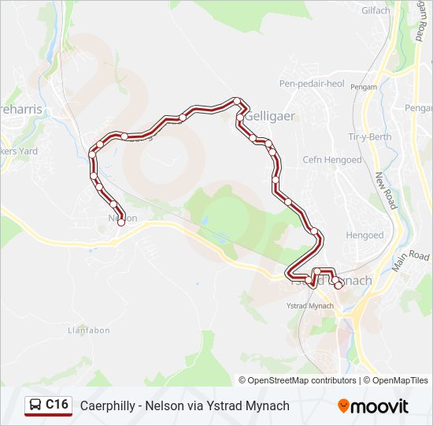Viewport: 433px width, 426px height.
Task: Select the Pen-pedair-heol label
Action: click(x=312, y=83)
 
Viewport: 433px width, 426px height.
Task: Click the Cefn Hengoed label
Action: click(x=332, y=160)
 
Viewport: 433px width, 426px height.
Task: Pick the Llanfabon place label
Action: click(x=88, y=331)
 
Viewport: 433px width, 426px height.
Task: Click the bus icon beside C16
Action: click(x=35, y=405)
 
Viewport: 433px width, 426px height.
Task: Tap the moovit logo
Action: click(x=373, y=406)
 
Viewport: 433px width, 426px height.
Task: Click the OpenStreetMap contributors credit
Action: click(x=297, y=380)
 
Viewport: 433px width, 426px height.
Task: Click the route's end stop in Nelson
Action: click(x=121, y=222)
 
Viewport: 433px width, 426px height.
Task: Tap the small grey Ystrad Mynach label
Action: click(x=309, y=305)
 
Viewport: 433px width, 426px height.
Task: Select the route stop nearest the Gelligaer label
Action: click(x=240, y=118)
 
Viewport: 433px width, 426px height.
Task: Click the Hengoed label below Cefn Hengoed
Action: click(x=365, y=235)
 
